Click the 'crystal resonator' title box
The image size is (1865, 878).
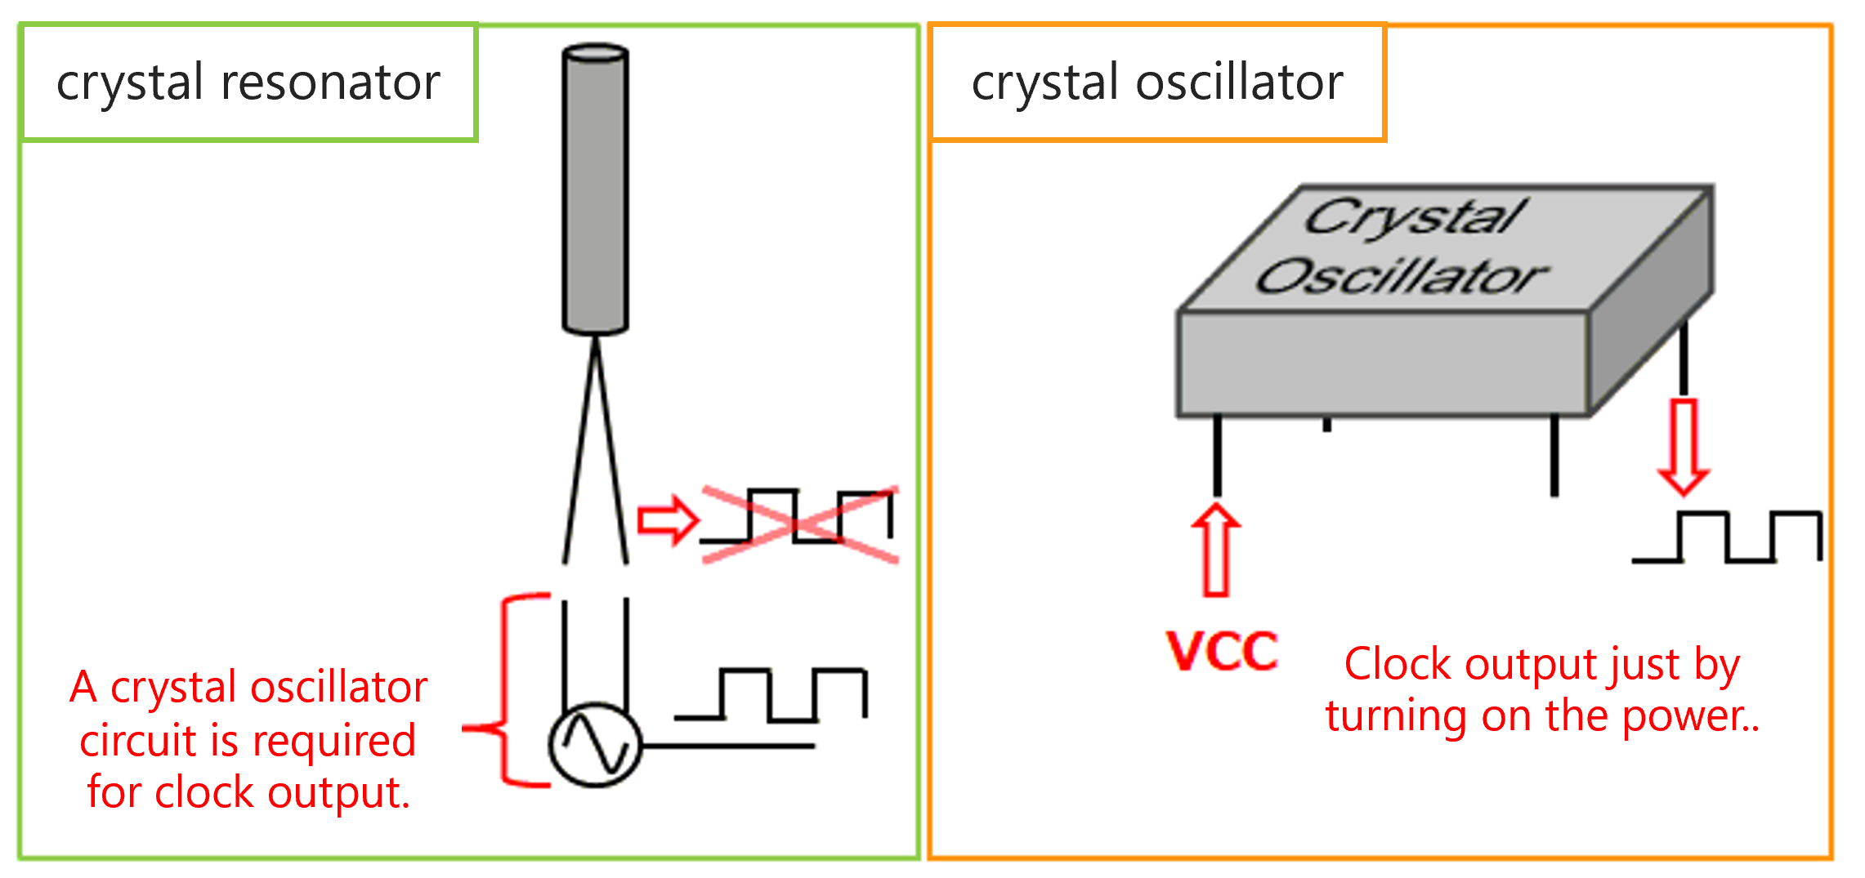coord(248,82)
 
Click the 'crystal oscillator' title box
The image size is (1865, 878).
coord(1157,82)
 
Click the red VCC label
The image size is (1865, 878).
coord(1222,651)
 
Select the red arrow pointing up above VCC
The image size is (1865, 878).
coord(1216,550)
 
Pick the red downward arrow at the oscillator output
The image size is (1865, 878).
coord(1683,446)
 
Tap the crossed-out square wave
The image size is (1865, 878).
coord(799,523)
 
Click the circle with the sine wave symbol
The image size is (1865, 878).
coord(595,745)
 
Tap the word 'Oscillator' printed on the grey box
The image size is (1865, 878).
coord(1402,276)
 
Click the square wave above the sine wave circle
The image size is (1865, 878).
coord(771,695)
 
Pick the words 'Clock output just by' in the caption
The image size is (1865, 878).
coord(1541,664)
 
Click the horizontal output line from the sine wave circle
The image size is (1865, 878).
coord(727,746)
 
